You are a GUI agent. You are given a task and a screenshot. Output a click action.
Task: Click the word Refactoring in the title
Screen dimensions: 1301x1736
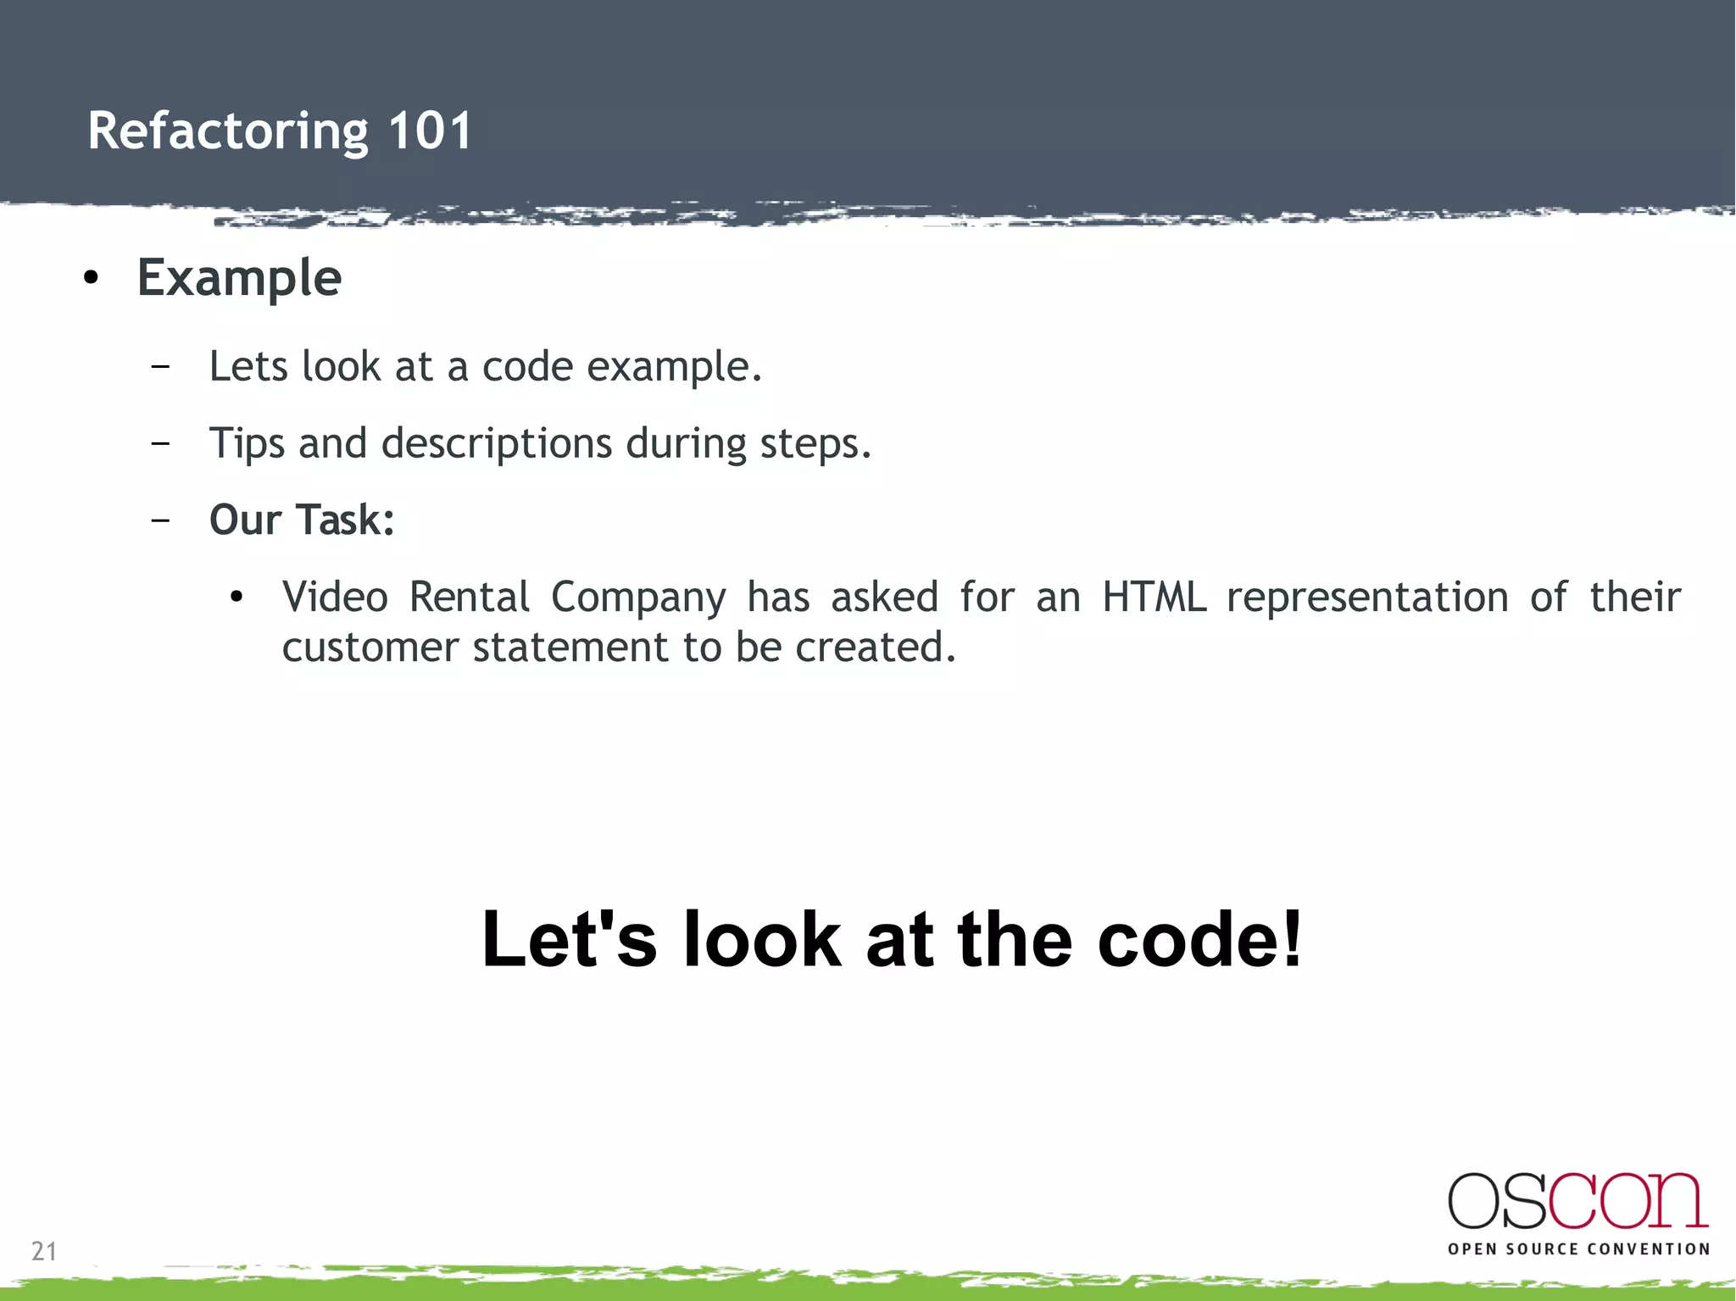click(228, 131)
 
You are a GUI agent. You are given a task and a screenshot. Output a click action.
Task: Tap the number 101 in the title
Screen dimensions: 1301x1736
click(430, 131)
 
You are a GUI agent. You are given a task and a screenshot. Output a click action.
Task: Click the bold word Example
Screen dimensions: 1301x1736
click(239, 278)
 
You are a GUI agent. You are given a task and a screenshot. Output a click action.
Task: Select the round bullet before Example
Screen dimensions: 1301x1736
click(92, 279)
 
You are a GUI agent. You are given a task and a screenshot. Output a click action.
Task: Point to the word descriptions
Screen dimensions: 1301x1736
click(496, 443)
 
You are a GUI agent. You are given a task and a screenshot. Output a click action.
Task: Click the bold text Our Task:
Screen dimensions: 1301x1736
click(302, 520)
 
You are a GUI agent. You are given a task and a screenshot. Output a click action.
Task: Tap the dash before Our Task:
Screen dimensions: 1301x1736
click(159, 520)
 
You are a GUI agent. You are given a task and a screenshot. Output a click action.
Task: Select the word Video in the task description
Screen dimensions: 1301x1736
click(335, 597)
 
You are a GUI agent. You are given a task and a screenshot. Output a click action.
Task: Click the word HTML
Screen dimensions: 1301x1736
click(1154, 597)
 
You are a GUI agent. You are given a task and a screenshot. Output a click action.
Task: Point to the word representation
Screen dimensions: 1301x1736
click(1367, 597)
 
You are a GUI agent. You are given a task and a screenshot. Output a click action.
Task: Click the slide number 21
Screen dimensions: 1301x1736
click(44, 1251)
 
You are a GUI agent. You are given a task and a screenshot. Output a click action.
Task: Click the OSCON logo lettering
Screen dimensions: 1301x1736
click(1577, 1201)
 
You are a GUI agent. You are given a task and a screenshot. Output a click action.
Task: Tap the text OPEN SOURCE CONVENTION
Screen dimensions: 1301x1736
click(1578, 1249)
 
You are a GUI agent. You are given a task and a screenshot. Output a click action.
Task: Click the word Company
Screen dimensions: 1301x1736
click(638, 597)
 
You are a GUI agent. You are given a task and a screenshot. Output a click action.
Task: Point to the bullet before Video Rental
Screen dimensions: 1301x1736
click(236, 598)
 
